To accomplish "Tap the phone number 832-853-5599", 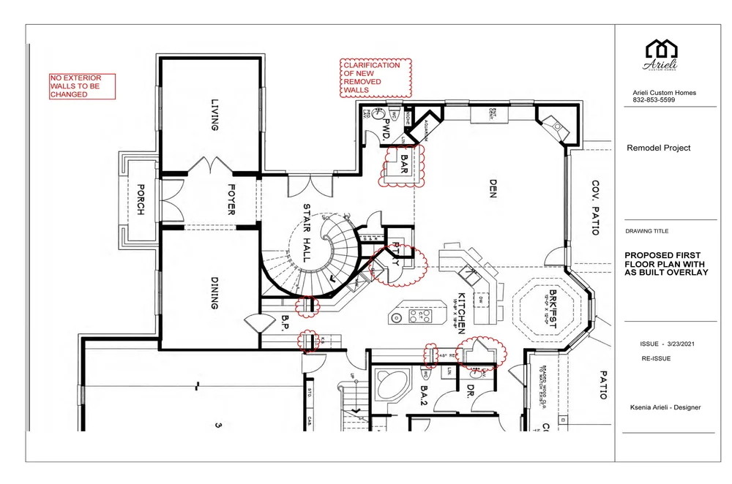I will pos(654,100).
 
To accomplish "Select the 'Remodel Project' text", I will pos(659,148).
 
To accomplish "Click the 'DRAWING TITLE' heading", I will pos(649,231).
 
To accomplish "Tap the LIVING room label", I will pos(214,116).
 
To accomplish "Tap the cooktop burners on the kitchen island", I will pos(421,316).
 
